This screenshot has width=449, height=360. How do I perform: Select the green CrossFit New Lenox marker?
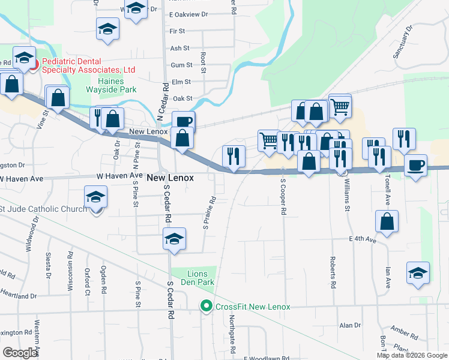pyautogui.click(x=206, y=307)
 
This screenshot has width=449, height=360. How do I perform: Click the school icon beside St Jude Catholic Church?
pyautogui.click(x=95, y=198)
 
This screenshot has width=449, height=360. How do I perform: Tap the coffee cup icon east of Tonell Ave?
pyautogui.click(x=415, y=165)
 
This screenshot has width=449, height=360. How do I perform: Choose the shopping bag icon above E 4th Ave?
pyautogui.click(x=387, y=221)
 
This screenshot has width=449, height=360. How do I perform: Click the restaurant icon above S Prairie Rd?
pyautogui.click(x=234, y=156)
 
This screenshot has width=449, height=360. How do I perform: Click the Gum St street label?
pyautogui.click(x=181, y=65)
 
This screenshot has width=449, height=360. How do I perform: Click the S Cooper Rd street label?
pyautogui.click(x=282, y=200)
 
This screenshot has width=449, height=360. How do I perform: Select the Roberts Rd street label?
pyautogui.click(x=331, y=273)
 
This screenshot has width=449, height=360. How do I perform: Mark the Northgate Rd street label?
pyautogui.click(x=231, y=334)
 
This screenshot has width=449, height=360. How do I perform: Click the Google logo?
pyautogui.click(x=20, y=353)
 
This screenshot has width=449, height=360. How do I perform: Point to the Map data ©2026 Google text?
pyautogui.click(x=412, y=355)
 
